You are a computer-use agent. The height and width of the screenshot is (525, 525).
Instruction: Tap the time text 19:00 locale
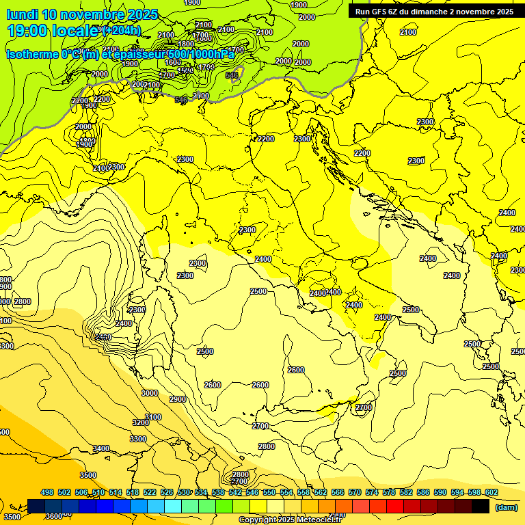(53, 31)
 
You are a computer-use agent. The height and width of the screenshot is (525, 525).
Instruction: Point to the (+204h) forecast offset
(122, 31)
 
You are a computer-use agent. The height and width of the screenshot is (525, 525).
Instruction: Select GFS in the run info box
(387, 12)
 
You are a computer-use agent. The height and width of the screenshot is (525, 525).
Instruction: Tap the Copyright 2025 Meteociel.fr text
(299, 520)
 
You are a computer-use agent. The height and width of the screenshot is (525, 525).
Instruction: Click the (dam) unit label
(505, 507)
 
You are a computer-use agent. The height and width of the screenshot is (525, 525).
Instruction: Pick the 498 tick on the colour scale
(47, 493)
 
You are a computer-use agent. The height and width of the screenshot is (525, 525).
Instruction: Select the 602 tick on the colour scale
(492, 493)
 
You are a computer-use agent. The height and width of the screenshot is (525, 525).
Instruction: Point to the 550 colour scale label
(269, 493)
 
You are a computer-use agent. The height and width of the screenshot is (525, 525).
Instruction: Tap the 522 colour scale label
(150, 493)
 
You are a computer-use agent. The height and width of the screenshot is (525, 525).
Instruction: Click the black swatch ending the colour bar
(481, 507)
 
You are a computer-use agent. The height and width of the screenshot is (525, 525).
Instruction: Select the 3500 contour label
(87, 475)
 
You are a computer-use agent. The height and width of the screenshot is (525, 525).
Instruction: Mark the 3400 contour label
(101, 448)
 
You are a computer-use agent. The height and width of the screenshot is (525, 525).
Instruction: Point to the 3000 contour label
(149, 393)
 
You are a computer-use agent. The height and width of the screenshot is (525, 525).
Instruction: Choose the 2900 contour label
(178, 399)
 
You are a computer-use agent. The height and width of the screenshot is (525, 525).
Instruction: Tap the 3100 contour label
(153, 417)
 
